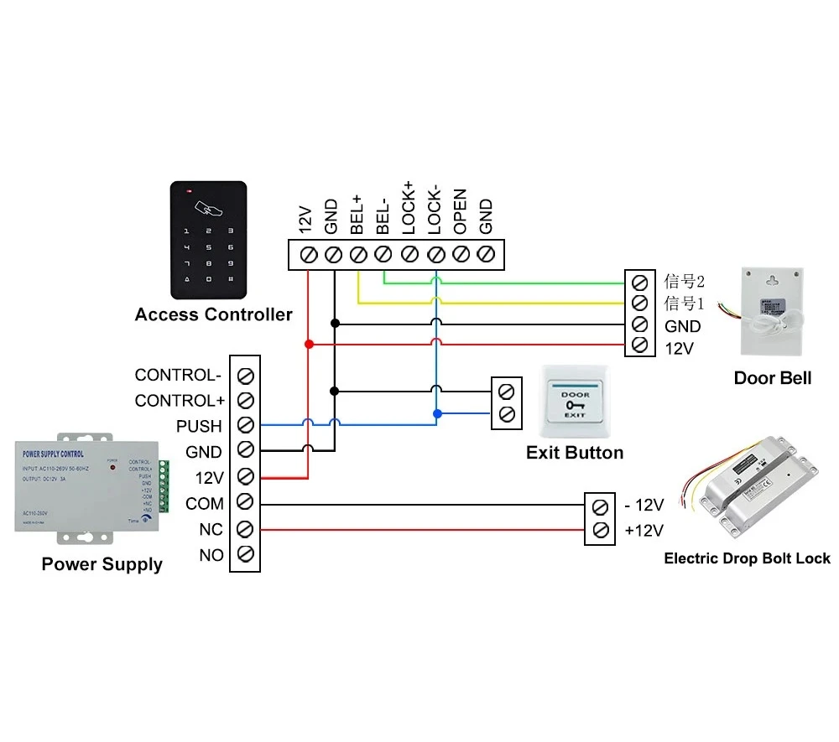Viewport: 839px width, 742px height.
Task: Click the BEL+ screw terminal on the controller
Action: tap(358, 254)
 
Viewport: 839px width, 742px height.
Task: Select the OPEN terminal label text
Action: tap(460, 211)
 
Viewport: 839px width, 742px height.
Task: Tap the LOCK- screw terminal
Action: tap(435, 254)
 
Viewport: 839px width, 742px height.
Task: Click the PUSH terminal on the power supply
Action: tap(246, 426)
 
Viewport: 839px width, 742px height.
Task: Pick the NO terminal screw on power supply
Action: tap(246, 554)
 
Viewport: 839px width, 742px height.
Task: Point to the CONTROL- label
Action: tap(178, 375)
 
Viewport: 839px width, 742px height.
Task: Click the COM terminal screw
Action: tap(246, 503)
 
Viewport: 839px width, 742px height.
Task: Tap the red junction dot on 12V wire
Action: tap(309, 344)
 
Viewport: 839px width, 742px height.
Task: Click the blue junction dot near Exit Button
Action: tap(435, 413)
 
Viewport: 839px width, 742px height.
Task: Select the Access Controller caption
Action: tap(213, 315)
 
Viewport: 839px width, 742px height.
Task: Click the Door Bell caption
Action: tap(772, 378)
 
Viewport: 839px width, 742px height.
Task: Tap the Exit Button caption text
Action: tap(575, 453)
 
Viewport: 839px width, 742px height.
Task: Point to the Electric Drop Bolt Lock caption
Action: tap(747, 558)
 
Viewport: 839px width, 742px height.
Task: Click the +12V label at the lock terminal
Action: tap(644, 530)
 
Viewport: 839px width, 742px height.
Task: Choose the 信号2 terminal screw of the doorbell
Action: tap(639, 282)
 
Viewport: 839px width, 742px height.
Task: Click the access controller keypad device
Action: tap(209, 240)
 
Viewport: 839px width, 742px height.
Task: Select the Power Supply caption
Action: tap(102, 564)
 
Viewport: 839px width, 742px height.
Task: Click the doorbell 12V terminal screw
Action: tap(639, 345)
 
